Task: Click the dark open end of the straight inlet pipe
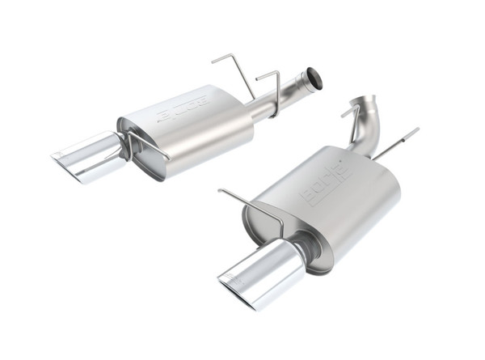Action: click(x=314, y=78)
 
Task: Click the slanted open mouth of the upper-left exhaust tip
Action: click(x=65, y=165)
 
